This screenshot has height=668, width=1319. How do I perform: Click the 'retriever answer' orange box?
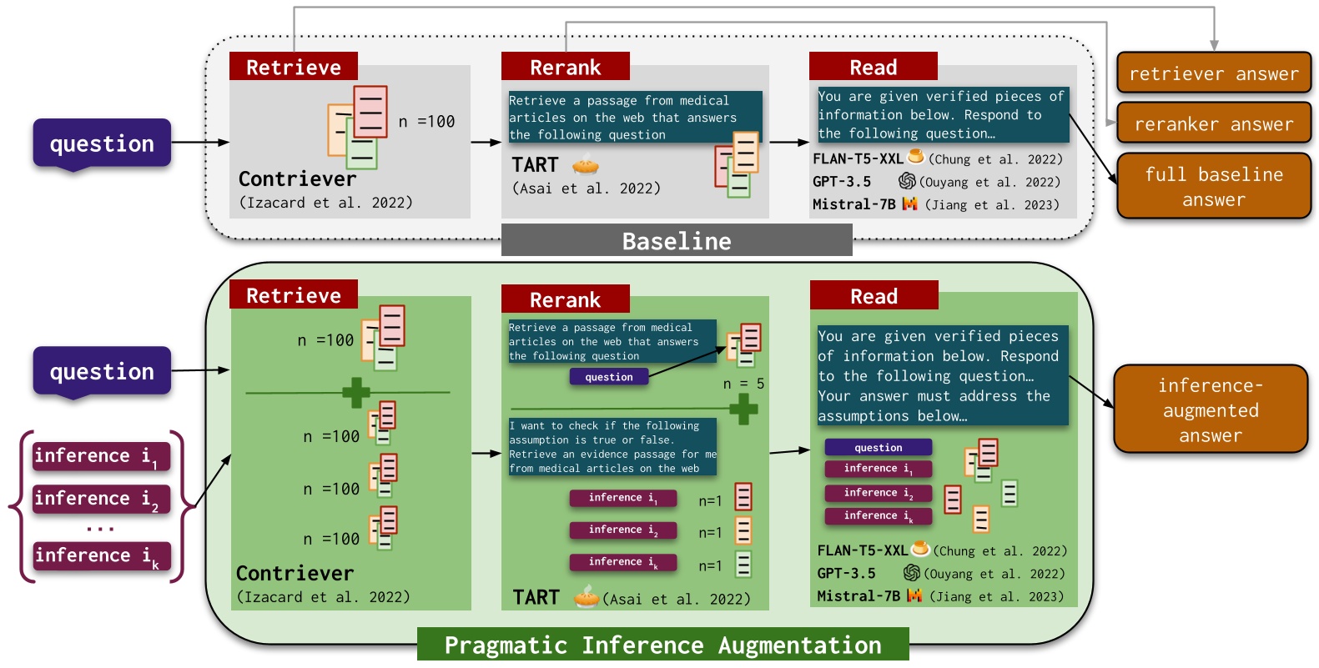(1213, 73)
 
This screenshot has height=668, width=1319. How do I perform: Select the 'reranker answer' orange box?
(1213, 124)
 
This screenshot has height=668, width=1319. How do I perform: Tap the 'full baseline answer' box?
(1213, 187)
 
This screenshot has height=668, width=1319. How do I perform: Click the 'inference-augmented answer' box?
(1210, 409)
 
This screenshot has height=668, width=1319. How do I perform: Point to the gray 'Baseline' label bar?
(676, 241)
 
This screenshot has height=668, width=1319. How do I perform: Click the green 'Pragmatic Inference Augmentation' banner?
(662, 645)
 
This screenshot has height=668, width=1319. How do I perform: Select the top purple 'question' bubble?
(102, 143)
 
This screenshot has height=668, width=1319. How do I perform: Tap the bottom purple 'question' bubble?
(102, 371)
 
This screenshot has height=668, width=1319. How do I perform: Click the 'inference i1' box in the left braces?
(100, 456)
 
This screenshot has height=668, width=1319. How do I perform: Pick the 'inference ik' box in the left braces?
(100, 556)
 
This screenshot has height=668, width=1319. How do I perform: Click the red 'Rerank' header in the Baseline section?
(565, 67)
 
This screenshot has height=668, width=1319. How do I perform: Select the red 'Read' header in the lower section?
(873, 296)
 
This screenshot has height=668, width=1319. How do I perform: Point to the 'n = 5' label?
(743, 384)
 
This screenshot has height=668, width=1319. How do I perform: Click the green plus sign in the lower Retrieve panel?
(356, 392)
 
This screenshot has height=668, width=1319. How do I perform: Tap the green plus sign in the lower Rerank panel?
(743, 409)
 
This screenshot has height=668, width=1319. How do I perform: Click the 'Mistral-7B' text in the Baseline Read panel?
(853, 204)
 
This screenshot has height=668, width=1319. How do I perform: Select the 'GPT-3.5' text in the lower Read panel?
(846, 573)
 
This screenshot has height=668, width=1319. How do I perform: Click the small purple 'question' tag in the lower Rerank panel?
(609, 377)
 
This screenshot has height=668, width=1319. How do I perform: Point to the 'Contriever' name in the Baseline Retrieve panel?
(297, 178)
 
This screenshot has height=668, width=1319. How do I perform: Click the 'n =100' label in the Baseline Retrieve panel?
(426, 122)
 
